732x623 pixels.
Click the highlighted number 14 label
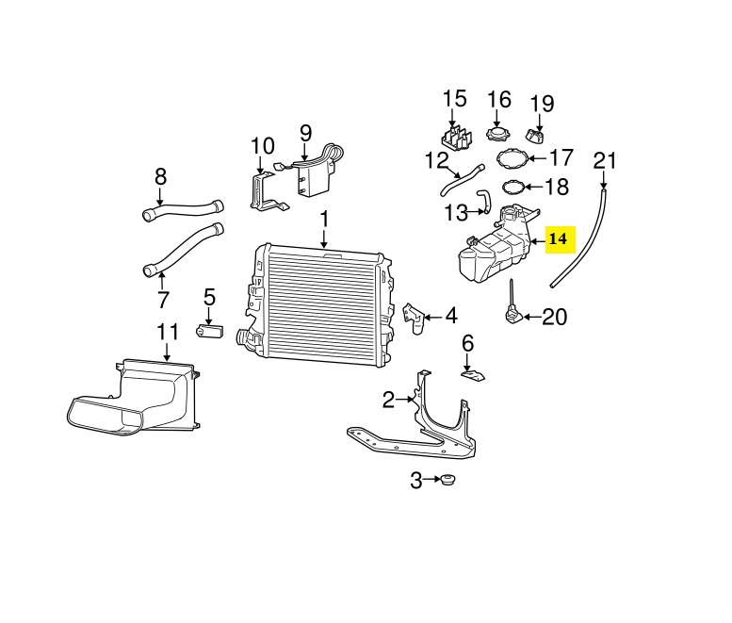click(x=561, y=239)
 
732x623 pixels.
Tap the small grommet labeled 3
click(x=447, y=479)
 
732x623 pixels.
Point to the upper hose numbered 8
click(x=183, y=209)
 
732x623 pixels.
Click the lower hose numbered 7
click(x=182, y=250)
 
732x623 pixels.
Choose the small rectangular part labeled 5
click(x=209, y=331)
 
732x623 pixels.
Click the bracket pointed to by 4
click(x=415, y=318)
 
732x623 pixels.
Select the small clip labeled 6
click(x=473, y=374)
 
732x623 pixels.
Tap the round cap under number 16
click(x=497, y=134)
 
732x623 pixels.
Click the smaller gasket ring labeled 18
click(x=513, y=187)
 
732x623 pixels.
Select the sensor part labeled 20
click(x=513, y=308)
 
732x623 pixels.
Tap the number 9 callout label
click(x=305, y=133)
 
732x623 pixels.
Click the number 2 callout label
click(x=388, y=401)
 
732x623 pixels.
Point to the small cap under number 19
click(x=535, y=136)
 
